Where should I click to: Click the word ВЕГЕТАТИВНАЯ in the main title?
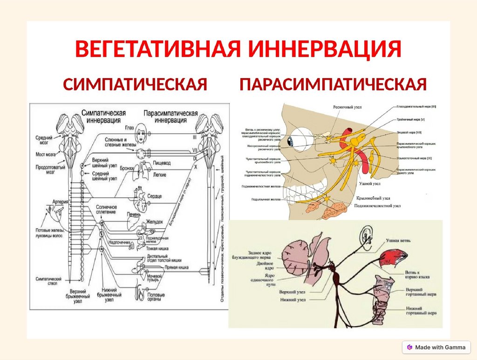click(154, 50)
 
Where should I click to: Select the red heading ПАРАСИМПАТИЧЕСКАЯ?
click(333, 85)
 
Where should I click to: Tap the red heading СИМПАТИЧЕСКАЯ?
click(135, 85)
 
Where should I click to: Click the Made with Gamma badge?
click(436, 347)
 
